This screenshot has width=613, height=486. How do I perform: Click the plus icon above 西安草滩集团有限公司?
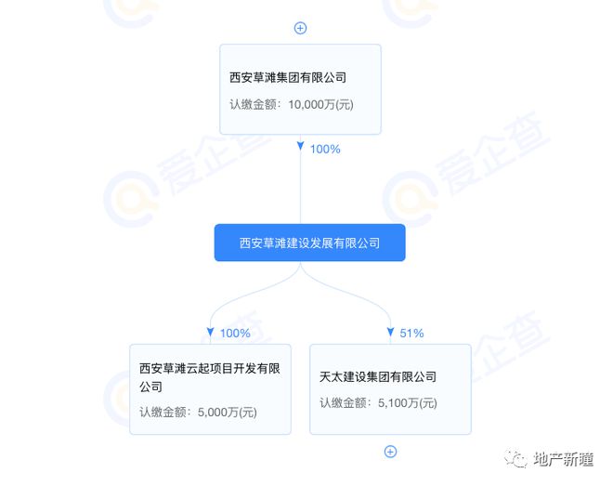pos(300,28)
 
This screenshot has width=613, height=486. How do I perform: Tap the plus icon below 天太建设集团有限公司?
pos(390,452)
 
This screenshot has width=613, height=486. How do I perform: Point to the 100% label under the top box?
pos(325,149)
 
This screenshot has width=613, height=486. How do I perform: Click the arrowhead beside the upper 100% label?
pos(300,147)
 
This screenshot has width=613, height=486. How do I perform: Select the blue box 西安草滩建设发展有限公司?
pos(309,243)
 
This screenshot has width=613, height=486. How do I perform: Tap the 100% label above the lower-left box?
pos(236,333)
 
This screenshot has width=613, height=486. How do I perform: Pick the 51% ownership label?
pos(411,333)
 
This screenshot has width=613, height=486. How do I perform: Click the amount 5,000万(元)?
pos(227,412)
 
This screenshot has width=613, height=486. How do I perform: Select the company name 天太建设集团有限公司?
pos(378,376)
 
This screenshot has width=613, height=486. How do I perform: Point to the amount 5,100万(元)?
pos(407,402)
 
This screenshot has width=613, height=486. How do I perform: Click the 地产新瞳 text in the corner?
pos(565,459)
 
